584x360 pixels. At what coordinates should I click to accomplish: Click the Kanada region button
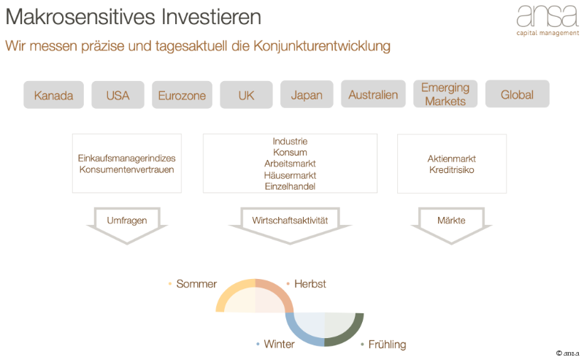pos(53,95)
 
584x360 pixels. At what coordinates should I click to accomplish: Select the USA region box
pos(118,95)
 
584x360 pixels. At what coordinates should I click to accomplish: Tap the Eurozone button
pos(182,95)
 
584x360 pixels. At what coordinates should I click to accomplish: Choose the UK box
pos(246,95)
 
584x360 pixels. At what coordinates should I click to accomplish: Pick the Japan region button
pos(307,95)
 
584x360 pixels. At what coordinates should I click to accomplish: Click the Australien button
pos(373,95)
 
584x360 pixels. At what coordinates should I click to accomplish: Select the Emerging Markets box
pos(445,94)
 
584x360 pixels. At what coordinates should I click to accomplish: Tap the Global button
pos(517,94)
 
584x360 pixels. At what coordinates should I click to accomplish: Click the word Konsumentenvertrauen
pos(126,169)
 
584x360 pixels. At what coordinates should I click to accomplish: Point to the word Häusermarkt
pos(290,175)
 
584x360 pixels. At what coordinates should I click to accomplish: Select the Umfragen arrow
pos(127,221)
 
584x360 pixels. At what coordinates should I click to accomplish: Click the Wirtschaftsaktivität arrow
pos(290,221)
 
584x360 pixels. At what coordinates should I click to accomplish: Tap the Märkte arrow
pos(451,221)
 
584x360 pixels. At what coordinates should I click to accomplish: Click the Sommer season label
pos(196,283)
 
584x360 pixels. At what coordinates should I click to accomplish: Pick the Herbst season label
pos(310,283)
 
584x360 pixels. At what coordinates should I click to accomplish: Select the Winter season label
pos(279,344)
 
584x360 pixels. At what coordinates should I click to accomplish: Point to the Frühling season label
pos(387,344)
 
